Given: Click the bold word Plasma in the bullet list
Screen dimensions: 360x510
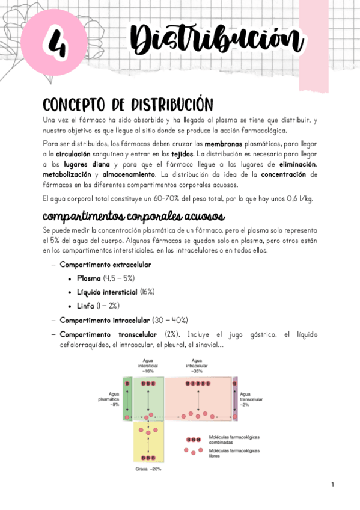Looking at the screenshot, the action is [88, 278].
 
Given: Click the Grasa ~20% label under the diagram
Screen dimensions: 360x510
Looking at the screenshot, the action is [148, 469].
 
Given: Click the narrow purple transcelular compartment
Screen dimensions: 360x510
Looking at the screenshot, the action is [235, 398].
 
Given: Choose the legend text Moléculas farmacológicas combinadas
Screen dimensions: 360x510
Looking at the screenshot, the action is [234, 440].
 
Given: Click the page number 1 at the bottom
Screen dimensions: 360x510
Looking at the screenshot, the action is [332, 484].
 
